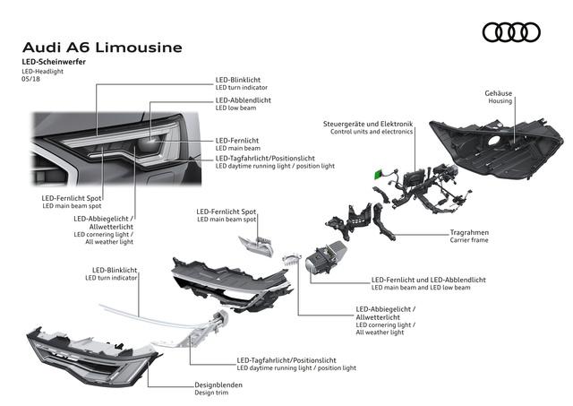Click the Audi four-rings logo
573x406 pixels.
[511, 33]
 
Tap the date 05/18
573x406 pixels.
[30, 80]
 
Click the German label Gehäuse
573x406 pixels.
[499, 93]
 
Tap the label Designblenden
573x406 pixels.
[218, 384]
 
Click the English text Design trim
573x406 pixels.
[215, 393]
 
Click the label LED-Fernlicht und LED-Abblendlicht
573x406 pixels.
[428, 279]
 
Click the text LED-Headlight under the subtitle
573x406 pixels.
[44, 71]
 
